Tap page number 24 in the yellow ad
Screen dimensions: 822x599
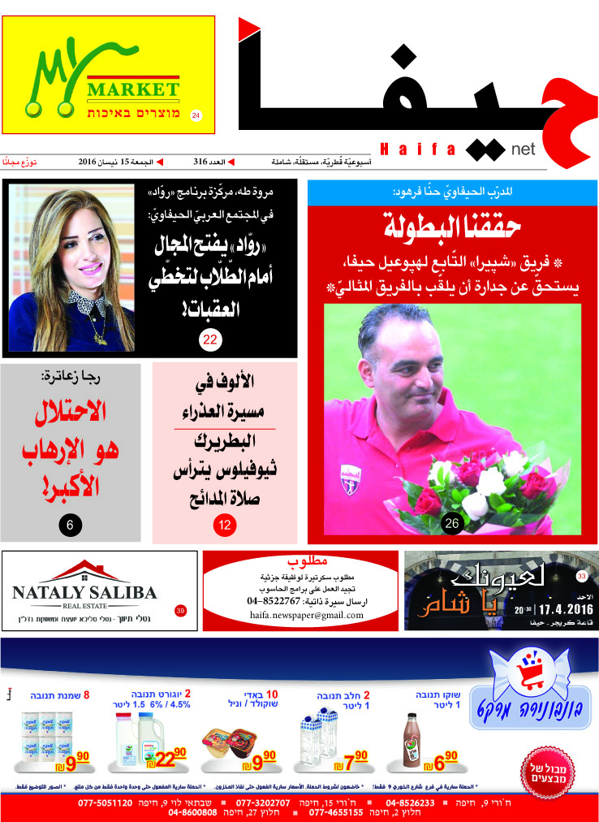click(196, 116)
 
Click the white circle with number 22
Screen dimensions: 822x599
click(209, 340)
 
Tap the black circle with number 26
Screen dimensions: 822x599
click(452, 524)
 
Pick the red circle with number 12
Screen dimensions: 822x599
click(224, 525)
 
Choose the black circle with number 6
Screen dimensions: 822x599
click(70, 525)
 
